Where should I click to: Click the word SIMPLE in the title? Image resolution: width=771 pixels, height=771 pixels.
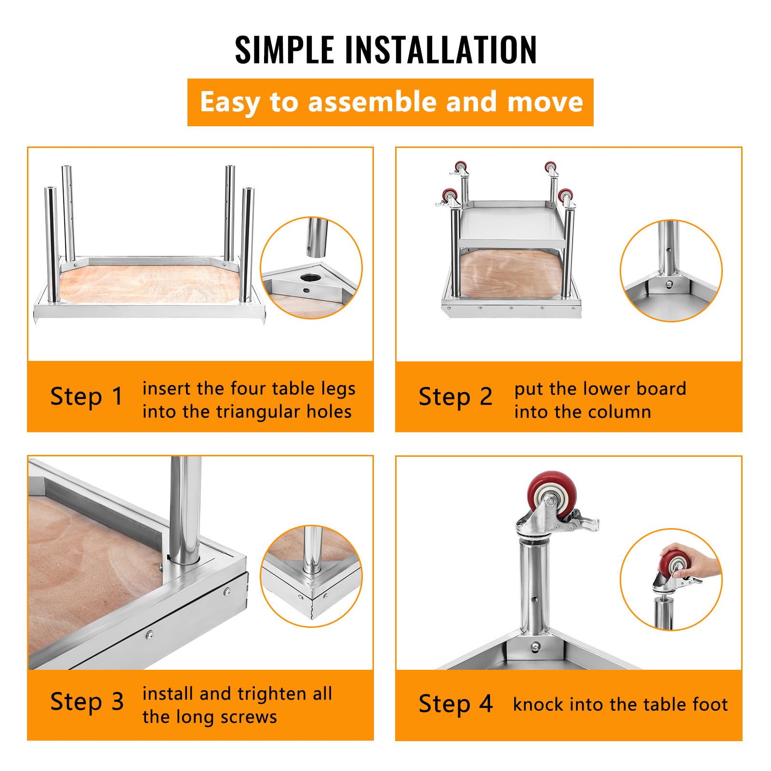tap(284, 49)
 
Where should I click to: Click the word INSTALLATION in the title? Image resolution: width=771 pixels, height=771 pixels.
tap(440, 49)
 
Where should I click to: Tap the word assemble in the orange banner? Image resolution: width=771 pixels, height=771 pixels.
tap(372, 102)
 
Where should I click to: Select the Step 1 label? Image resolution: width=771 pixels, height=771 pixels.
tap(87, 397)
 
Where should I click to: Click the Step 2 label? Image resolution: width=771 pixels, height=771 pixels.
tap(455, 397)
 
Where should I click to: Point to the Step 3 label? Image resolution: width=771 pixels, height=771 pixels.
tap(87, 702)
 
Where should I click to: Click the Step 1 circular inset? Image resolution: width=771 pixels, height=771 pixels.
tap(311, 268)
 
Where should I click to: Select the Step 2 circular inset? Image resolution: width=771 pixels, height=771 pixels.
tap(671, 271)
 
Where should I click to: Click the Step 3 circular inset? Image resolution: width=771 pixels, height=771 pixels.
tap(311, 576)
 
